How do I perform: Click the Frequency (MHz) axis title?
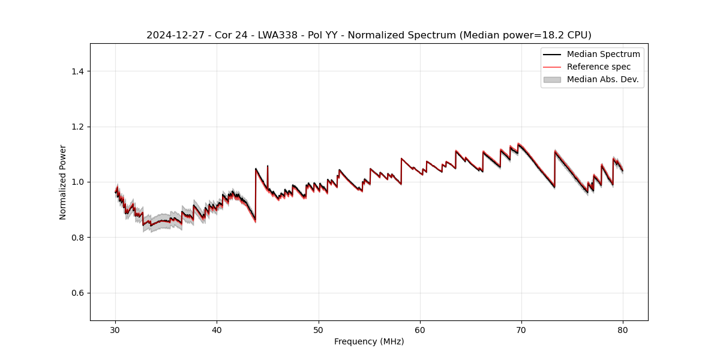(x=369, y=341)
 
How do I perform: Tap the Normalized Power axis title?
(x=63, y=182)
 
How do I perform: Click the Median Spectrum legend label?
(x=603, y=54)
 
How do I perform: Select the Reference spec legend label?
(x=599, y=67)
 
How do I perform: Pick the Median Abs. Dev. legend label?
(x=602, y=79)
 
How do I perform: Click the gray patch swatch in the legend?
(x=552, y=79)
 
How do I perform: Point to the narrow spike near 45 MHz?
(x=268, y=166)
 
